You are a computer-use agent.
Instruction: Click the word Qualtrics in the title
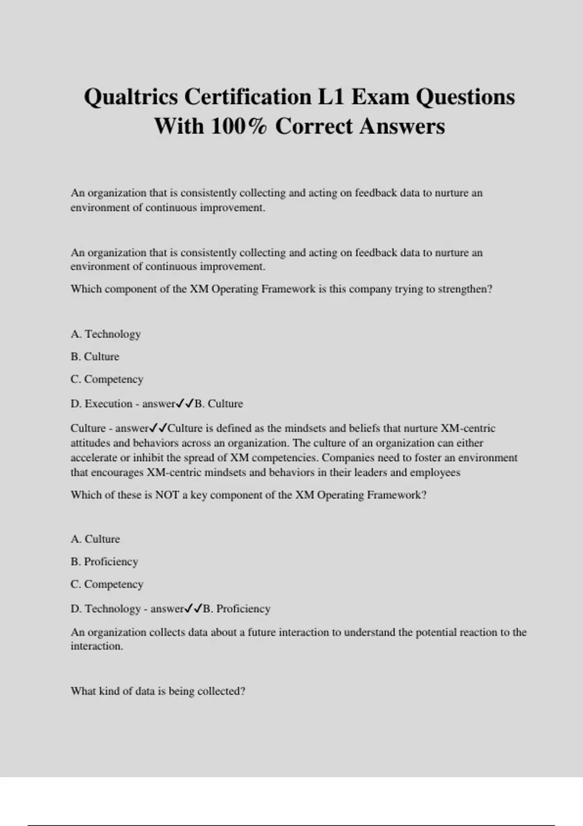point(131,97)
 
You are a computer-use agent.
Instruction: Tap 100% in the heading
point(239,126)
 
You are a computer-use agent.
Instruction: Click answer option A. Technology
point(105,334)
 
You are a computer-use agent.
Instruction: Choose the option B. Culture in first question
point(95,357)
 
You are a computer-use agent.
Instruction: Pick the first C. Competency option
point(107,379)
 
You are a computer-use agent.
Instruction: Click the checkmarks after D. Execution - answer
point(185,403)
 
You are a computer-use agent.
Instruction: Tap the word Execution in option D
point(108,404)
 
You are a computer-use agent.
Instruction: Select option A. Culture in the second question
point(95,539)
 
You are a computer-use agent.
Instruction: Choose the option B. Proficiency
point(104,562)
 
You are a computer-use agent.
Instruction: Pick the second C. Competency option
point(107,585)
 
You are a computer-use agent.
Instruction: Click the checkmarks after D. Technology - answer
point(193,608)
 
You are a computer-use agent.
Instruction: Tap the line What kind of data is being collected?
point(158,691)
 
